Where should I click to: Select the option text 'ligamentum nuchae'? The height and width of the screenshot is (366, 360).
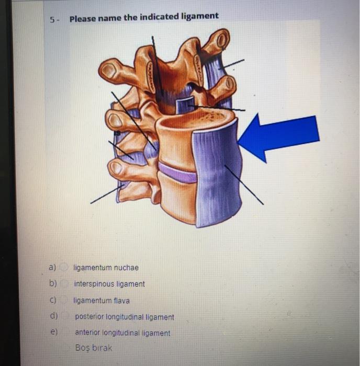pos(106,268)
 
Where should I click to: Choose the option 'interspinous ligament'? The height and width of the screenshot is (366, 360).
pos(109,284)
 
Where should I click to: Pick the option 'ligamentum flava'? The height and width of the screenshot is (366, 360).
pos(102,301)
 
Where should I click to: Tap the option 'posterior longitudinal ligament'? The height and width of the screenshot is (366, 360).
pos(125,317)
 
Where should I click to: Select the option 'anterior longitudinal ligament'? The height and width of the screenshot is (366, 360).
pos(122,333)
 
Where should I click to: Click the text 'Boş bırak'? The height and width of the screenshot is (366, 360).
pos(94,347)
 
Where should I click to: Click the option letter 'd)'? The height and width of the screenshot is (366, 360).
pos(53,316)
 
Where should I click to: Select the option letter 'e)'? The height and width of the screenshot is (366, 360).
pos(53,331)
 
